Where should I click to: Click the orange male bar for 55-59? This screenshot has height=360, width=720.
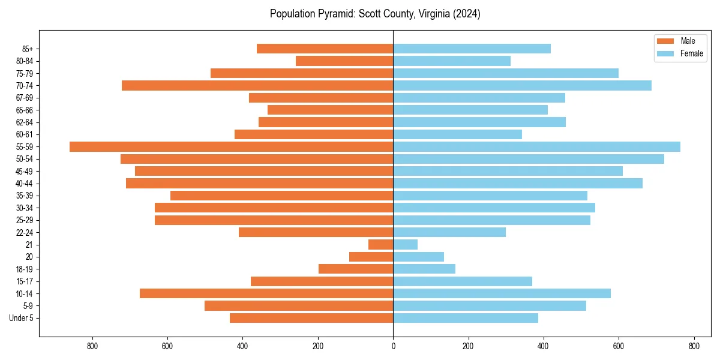(231, 146)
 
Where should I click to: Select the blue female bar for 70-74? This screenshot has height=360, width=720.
(522, 85)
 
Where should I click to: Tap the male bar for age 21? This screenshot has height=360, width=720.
(380, 244)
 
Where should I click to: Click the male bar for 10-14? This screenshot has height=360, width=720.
(266, 293)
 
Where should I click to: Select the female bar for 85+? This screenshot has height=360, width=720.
(472, 49)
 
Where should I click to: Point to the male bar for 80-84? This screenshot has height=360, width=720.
(344, 61)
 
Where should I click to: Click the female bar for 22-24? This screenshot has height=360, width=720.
(449, 232)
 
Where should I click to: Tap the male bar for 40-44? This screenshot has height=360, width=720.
(259, 183)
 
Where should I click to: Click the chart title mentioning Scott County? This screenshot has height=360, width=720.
(375, 14)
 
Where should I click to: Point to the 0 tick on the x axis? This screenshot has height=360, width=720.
(393, 346)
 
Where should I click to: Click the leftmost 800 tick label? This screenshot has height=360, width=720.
(92, 346)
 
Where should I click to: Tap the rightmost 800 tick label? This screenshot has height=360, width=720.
(694, 346)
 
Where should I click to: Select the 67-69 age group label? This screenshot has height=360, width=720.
(25, 98)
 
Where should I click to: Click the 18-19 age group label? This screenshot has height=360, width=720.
(25, 269)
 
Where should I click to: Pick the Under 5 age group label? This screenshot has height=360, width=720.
(22, 318)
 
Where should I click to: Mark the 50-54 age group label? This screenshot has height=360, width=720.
(25, 159)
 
